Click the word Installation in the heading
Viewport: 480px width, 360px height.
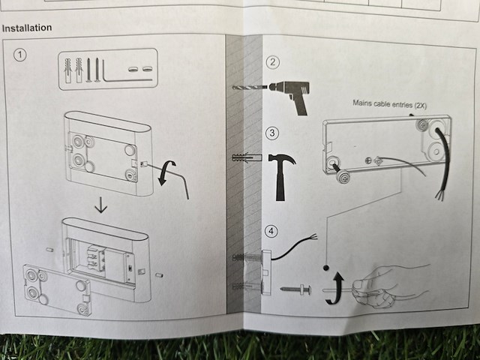(27, 28)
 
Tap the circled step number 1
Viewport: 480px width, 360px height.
(20, 55)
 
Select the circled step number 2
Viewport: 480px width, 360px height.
(273, 62)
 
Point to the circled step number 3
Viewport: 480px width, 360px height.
(272, 133)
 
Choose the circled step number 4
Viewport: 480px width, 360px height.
(271, 231)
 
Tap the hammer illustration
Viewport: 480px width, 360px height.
(281, 177)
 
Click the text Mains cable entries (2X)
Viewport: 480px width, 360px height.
(389, 104)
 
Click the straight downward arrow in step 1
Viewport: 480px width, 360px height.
(101, 205)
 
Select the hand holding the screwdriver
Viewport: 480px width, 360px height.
(388, 285)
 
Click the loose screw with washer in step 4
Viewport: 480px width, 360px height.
(295, 289)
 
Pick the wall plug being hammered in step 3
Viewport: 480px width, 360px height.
(247, 158)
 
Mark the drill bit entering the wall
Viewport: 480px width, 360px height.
(250, 88)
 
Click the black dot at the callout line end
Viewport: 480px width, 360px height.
(326, 268)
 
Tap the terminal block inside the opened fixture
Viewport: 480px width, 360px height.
(96, 256)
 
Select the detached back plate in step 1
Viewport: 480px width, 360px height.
(57, 289)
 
